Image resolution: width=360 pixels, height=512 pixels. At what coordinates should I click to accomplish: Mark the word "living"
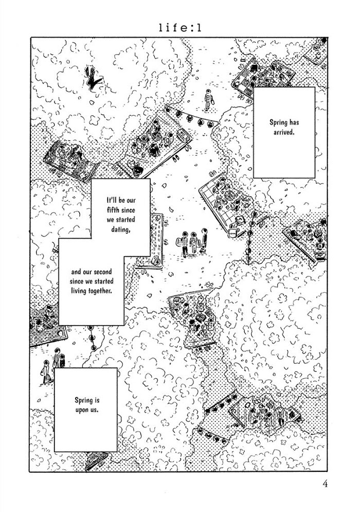coord(80,290)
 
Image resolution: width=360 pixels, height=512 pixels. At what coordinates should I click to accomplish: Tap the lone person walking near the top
coord(208,100)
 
